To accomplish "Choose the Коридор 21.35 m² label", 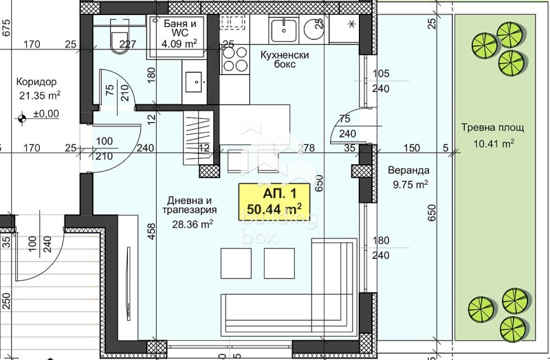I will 37,88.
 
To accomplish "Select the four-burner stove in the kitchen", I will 235,65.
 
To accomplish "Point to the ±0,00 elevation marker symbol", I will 23,118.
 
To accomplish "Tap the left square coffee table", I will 235,263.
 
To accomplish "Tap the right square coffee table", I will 279,263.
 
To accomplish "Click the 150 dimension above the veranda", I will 411,147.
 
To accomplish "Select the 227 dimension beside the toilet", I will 129,45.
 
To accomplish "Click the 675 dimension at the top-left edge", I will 5,27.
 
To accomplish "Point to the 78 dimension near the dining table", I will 309,147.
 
